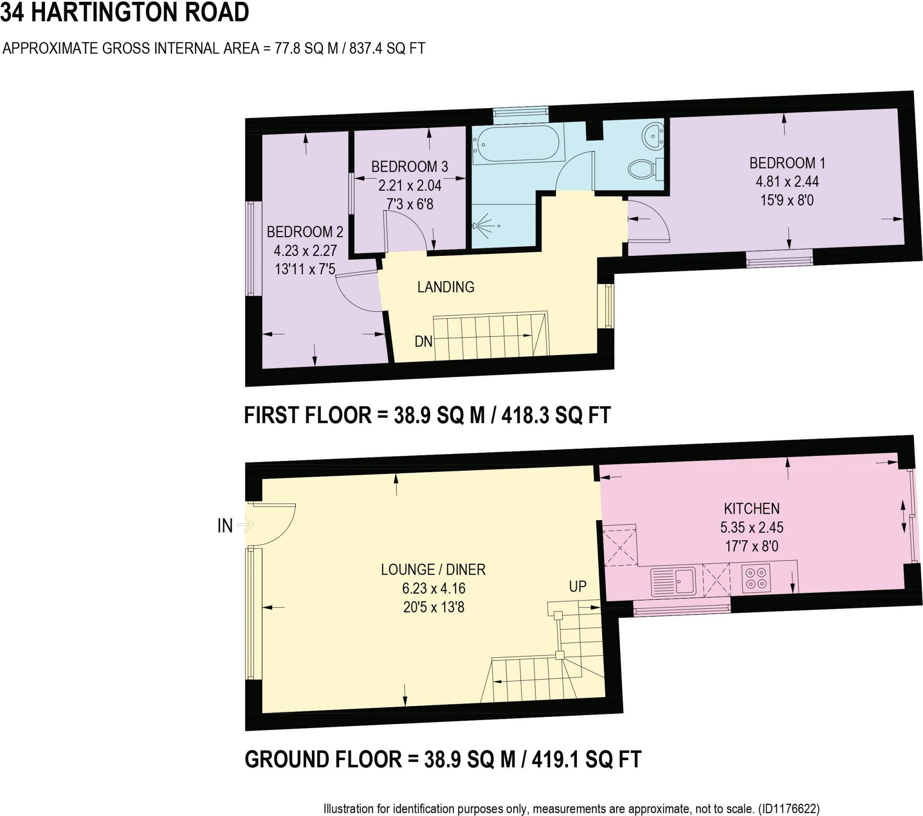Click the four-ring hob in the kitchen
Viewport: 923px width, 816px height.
(756, 579)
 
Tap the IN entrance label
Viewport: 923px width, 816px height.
(225, 526)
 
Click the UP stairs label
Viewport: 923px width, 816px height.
(578, 586)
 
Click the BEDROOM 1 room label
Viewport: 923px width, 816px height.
(787, 163)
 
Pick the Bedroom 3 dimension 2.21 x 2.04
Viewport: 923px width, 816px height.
(410, 186)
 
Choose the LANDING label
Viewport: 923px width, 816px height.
(445, 287)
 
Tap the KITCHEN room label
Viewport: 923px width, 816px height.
(751, 509)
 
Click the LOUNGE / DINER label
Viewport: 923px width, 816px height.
(433, 570)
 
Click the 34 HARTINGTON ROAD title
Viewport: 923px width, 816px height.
(125, 12)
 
